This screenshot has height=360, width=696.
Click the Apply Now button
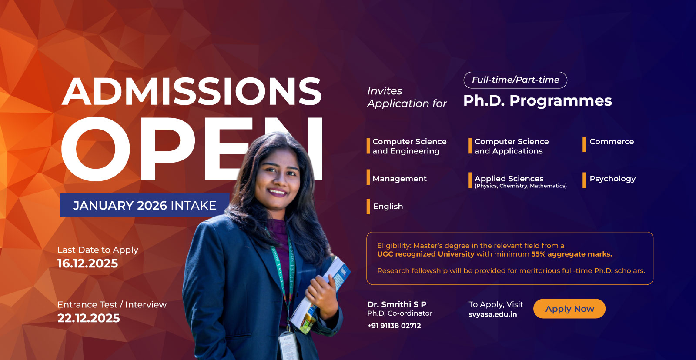point(569,309)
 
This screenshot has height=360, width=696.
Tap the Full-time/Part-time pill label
point(515,80)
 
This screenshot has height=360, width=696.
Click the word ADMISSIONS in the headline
point(192,92)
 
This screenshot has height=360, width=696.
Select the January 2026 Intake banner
point(144,205)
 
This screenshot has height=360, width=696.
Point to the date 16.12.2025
point(88,263)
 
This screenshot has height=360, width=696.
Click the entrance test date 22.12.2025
point(89,318)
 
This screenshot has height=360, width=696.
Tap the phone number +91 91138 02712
point(394,326)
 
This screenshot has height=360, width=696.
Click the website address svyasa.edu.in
point(493,314)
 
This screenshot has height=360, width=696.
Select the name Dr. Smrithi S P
point(397,304)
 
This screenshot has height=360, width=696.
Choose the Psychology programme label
point(612,179)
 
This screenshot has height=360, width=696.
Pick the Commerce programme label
point(612,142)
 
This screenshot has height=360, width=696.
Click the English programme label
point(388,207)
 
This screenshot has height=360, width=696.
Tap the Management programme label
point(399,179)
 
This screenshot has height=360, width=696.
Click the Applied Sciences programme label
point(509,179)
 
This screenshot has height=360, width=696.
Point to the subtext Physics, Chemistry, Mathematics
point(521,186)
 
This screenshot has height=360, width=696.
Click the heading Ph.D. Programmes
point(538,101)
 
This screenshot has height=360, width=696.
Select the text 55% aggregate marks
point(572,254)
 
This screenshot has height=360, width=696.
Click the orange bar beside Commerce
point(584,144)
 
